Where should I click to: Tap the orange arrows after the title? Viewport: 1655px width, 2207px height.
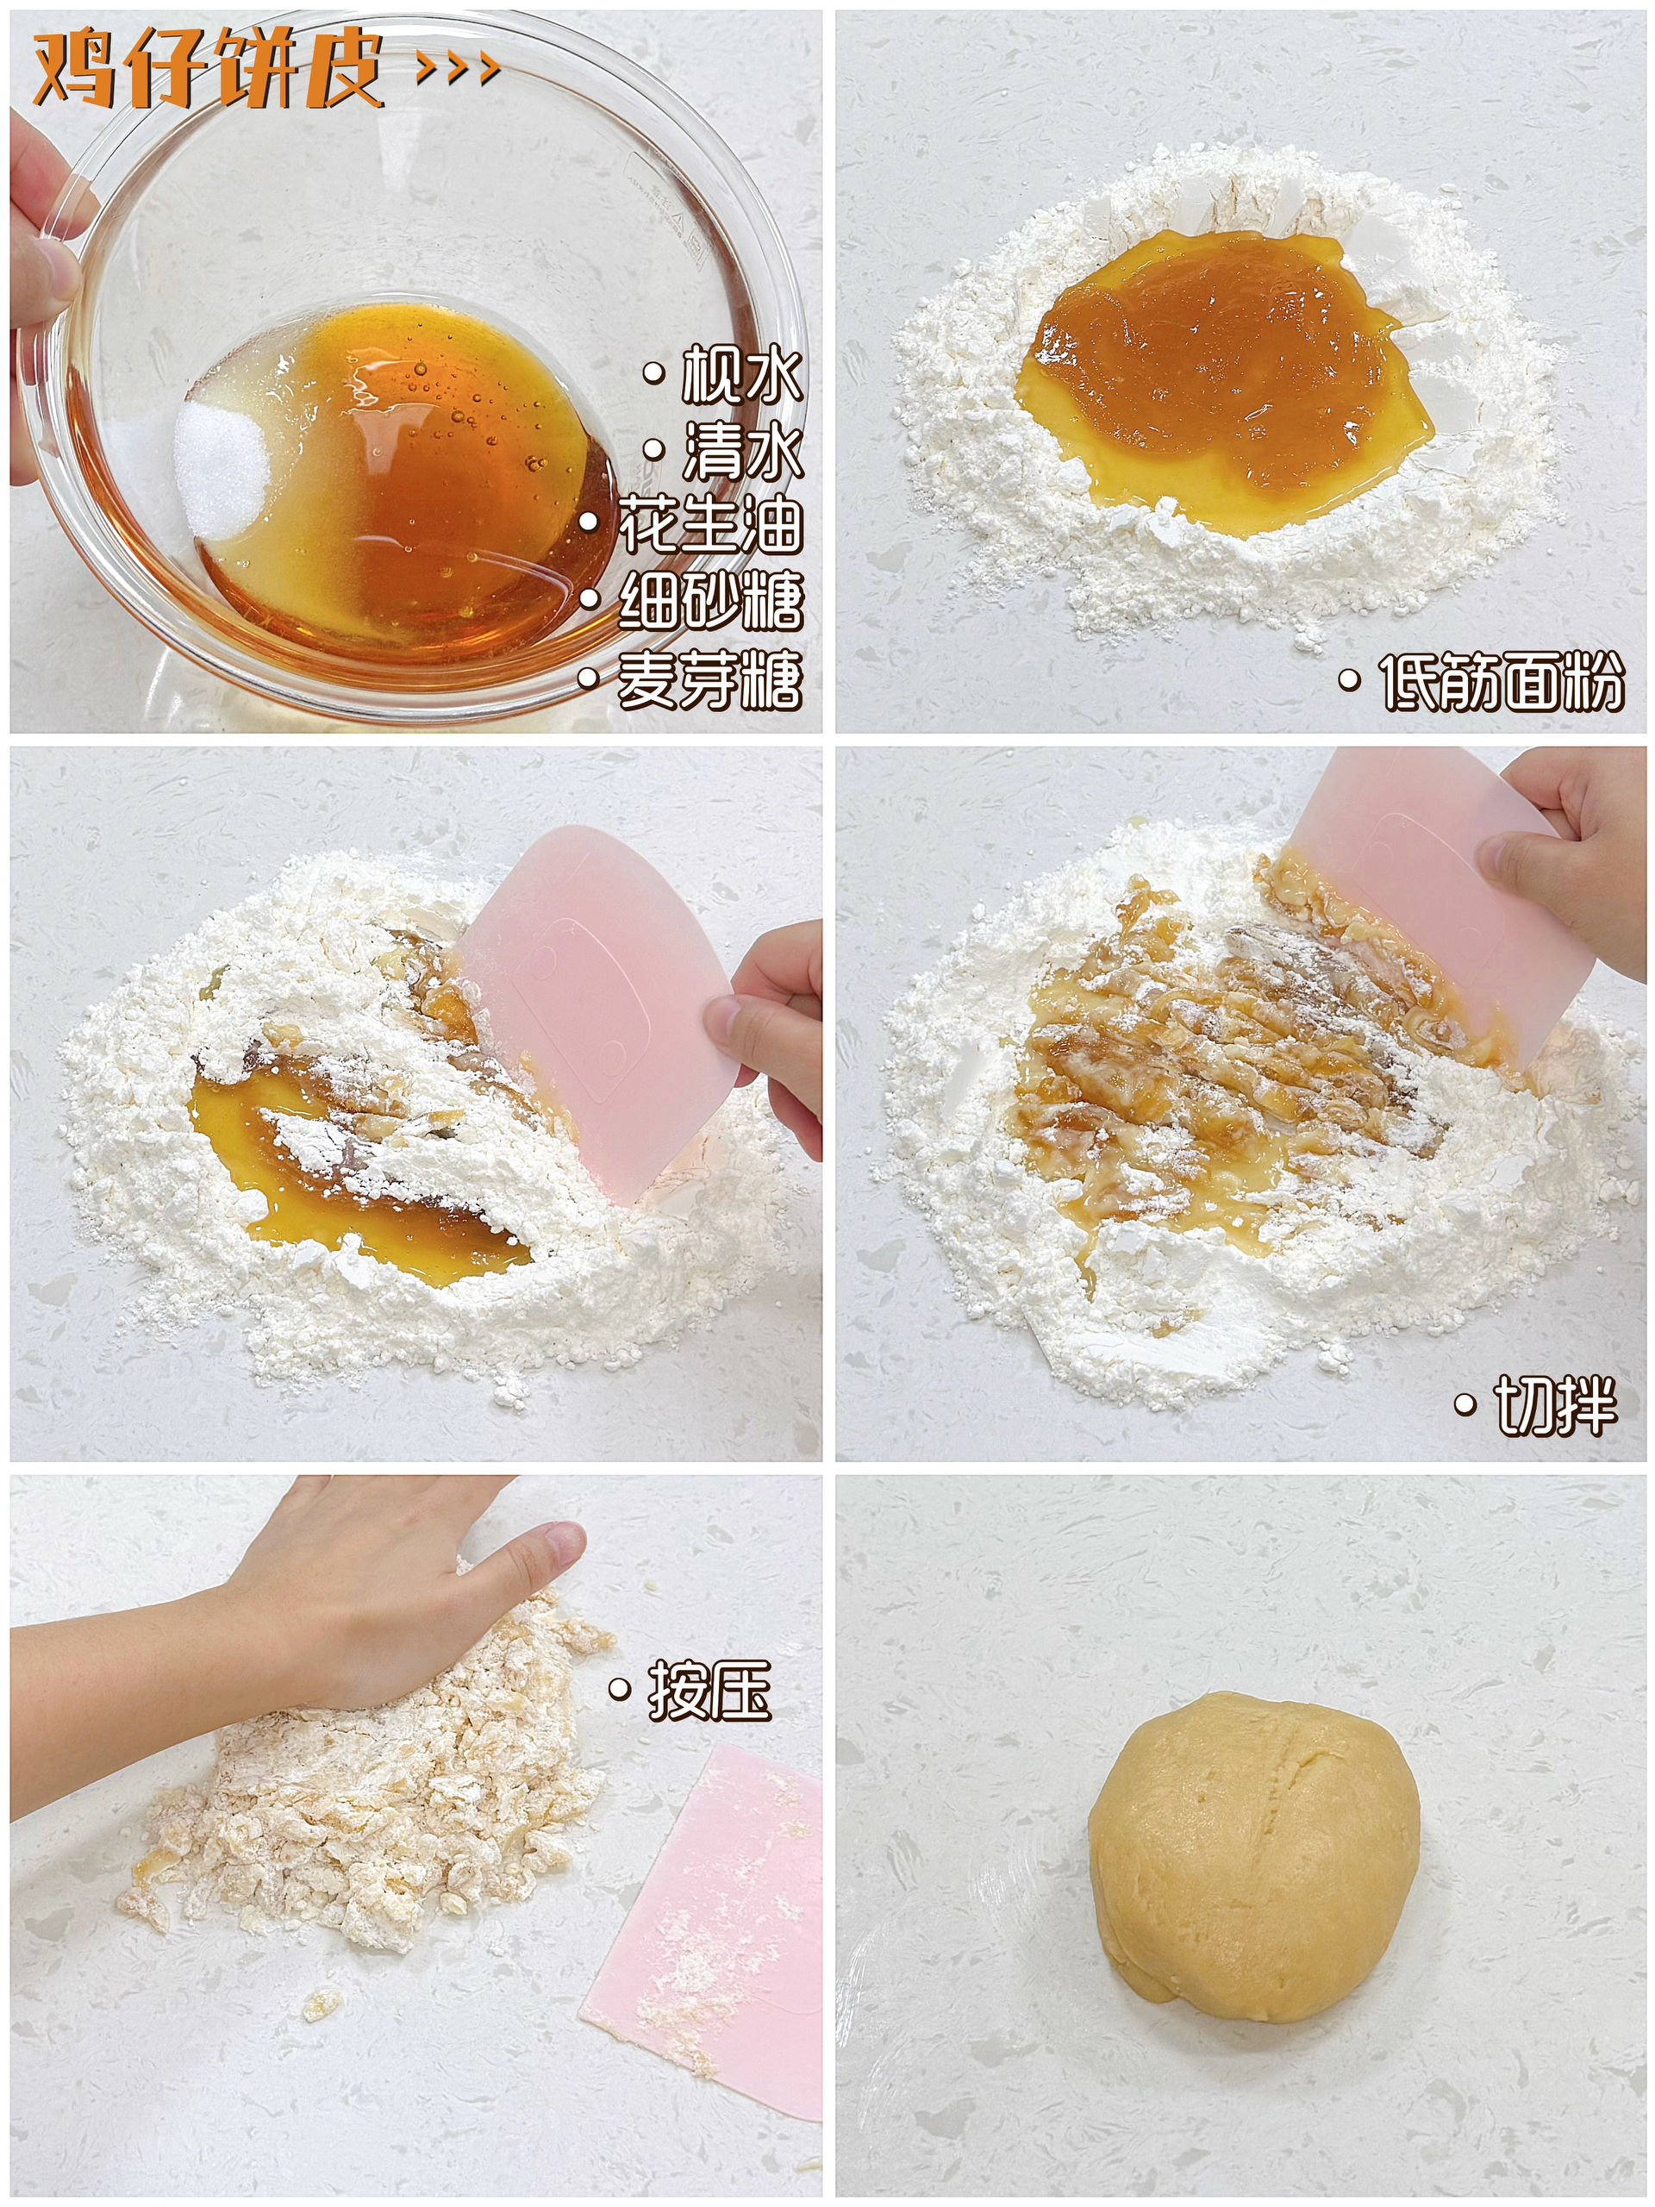click(x=457, y=68)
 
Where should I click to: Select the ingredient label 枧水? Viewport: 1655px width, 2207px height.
click(x=740, y=377)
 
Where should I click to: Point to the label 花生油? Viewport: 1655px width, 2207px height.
click(x=710, y=526)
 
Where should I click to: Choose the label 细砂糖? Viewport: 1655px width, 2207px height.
click(x=710, y=602)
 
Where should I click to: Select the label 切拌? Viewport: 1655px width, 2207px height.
click(x=1554, y=1406)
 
